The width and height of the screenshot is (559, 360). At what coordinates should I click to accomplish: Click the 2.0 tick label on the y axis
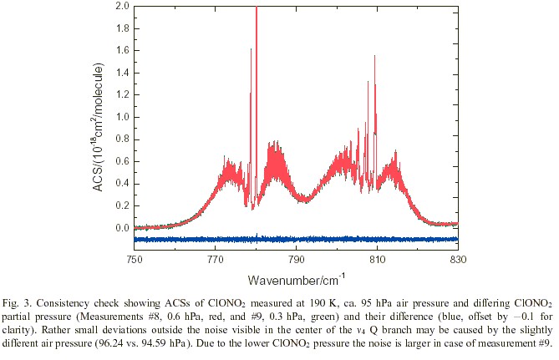122,7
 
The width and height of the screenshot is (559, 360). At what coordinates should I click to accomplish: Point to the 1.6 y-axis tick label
122,51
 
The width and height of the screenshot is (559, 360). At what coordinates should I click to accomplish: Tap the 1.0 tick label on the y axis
122,117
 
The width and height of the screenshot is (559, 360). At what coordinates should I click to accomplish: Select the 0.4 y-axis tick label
122,184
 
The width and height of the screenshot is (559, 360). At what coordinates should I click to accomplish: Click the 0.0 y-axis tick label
122,228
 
